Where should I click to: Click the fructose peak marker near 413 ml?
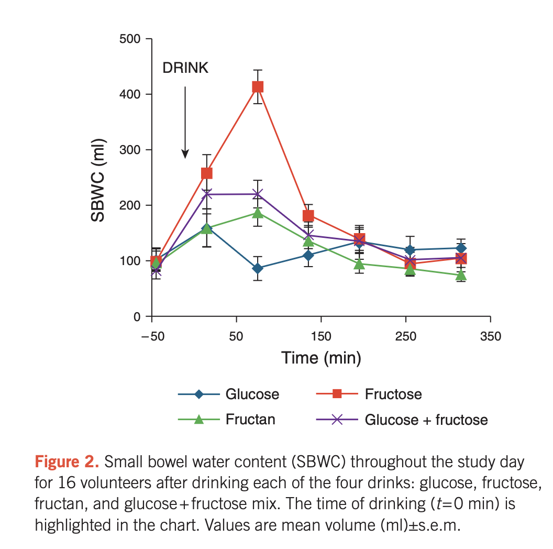point(258,87)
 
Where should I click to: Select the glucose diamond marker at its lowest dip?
point(258,268)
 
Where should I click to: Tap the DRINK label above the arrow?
point(185,68)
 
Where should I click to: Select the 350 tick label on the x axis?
point(490,336)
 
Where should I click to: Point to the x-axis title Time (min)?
point(321,358)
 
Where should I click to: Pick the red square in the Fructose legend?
point(338,393)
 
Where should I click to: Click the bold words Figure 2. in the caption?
point(67,462)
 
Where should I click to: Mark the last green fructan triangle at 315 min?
point(461,276)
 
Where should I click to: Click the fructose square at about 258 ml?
point(206,173)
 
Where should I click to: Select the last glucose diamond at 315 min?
point(461,248)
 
